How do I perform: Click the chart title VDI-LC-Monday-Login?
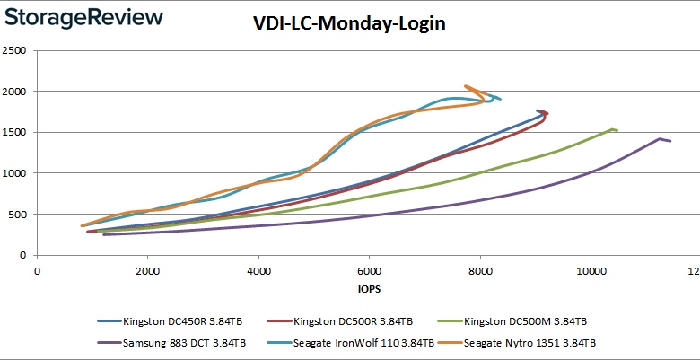tap(349, 24)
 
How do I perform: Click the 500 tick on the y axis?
tap(20, 215)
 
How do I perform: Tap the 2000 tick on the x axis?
tap(147, 269)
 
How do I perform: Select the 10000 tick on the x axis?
tap(591, 269)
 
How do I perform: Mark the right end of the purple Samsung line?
tap(670, 141)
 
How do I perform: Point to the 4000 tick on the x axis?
tap(258, 269)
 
